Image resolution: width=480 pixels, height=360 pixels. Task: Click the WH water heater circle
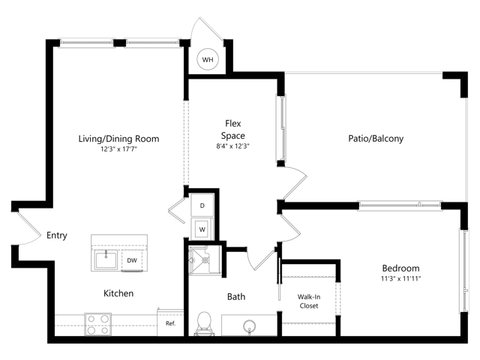pyautogui.click(x=208, y=59)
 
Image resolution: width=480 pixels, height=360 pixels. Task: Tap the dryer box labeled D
pyautogui.click(x=202, y=205)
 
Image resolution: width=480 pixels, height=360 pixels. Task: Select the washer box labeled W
pyautogui.click(x=202, y=229)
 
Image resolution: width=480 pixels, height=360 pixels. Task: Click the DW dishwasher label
pyautogui.click(x=132, y=260)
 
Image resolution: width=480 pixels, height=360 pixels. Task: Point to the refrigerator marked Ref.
pyautogui.click(x=170, y=323)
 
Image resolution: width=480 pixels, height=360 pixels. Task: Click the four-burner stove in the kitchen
pyautogui.click(x=98, y=325)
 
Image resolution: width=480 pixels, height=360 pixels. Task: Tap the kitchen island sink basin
pyautogui.click(x=106, y=259)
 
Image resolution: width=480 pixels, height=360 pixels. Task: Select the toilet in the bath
pyautogui.click(x=204, y=324)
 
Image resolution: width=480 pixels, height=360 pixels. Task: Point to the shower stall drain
pyautogui.click(x=205, y=260)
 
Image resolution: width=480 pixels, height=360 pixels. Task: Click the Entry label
pyautogui.click(x=57, y=235)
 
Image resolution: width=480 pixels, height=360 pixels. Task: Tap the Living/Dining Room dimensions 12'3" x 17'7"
pyautogui.click(x=118, y=149)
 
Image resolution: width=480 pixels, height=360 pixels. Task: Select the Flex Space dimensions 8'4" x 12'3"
pyautogui.click(x=233, y=146)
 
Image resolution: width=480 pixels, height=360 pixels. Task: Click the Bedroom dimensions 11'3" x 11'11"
pyautogui.click(x=400, y=278)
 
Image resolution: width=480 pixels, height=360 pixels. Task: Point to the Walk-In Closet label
pyautogui.click(x=309, y=301)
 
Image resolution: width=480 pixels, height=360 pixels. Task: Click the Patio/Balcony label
pyautogui.click(x=376, y=138)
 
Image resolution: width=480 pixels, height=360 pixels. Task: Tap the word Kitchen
pyautogui.click(x=118, y=293)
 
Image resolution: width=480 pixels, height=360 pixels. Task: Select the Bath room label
pyautogui.click(x=236, y=296)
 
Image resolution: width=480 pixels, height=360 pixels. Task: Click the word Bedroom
pyautogui.click(x=400, y=268)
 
